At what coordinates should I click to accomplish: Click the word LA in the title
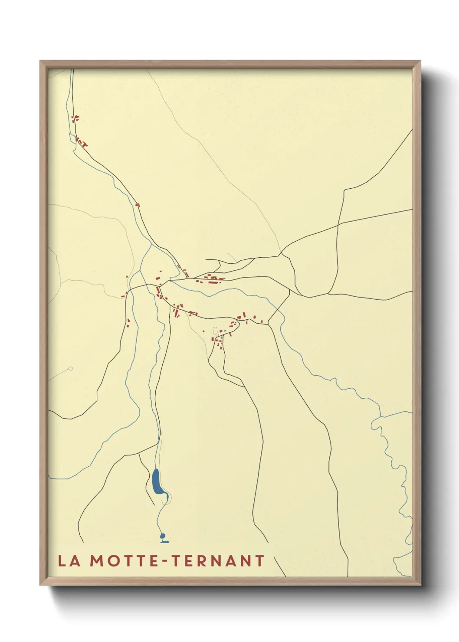point(69,560)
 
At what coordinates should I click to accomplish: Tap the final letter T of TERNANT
point(259,560)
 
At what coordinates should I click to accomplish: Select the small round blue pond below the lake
point(163,536)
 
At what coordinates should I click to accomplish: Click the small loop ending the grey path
point(70,369)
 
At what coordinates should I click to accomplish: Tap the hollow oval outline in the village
point(214,331)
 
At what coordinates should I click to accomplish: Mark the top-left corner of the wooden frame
point(41,61)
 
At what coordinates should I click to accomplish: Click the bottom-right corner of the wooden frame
point(420,585)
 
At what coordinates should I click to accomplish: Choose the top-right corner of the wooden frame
point(420,61)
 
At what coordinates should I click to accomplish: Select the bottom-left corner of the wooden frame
point(41,585)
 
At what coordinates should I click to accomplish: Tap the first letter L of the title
point(62,560)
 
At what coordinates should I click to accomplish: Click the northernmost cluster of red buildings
point(75,118)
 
